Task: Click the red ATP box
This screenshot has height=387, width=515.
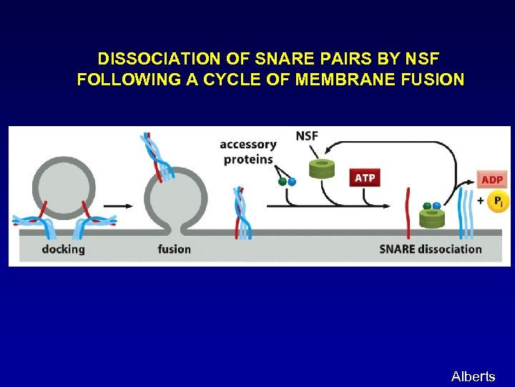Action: [x=364, y=177]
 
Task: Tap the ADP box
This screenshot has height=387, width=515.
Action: [x=491, y=179]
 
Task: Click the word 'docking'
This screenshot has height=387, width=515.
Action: [x=63, y=249]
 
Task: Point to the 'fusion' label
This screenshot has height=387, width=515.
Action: [x=174, y=249]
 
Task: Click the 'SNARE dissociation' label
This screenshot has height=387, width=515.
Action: [x=430, y=249]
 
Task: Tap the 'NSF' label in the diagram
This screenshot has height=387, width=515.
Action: [x=308, y=136]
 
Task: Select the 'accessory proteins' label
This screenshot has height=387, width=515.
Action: [x=247, y=152]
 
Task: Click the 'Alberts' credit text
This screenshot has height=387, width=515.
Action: [x=473, y=376]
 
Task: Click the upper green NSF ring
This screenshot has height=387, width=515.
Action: [x=322, y=169]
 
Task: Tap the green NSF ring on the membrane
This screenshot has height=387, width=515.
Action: [x=431, y=219]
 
